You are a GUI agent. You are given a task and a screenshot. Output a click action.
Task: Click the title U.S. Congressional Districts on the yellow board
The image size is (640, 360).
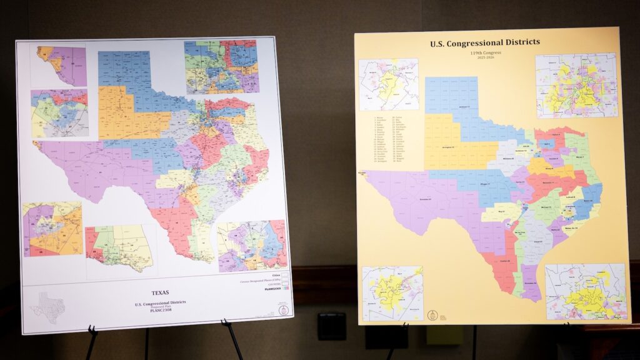[484, 43]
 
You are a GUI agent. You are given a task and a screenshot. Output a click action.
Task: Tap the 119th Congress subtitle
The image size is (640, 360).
[485, 53]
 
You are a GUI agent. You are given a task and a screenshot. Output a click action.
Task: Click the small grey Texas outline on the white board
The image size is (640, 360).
[47, 306]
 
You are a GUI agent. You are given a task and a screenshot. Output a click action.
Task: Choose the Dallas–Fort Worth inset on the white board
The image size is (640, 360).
[221, 67]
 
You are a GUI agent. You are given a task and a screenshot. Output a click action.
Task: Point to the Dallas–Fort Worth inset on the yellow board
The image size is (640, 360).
[576, 85]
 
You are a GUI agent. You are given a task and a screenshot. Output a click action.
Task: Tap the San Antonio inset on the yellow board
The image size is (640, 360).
[392, 293]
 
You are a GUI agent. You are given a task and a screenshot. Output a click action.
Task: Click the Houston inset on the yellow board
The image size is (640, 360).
[586, 291]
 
